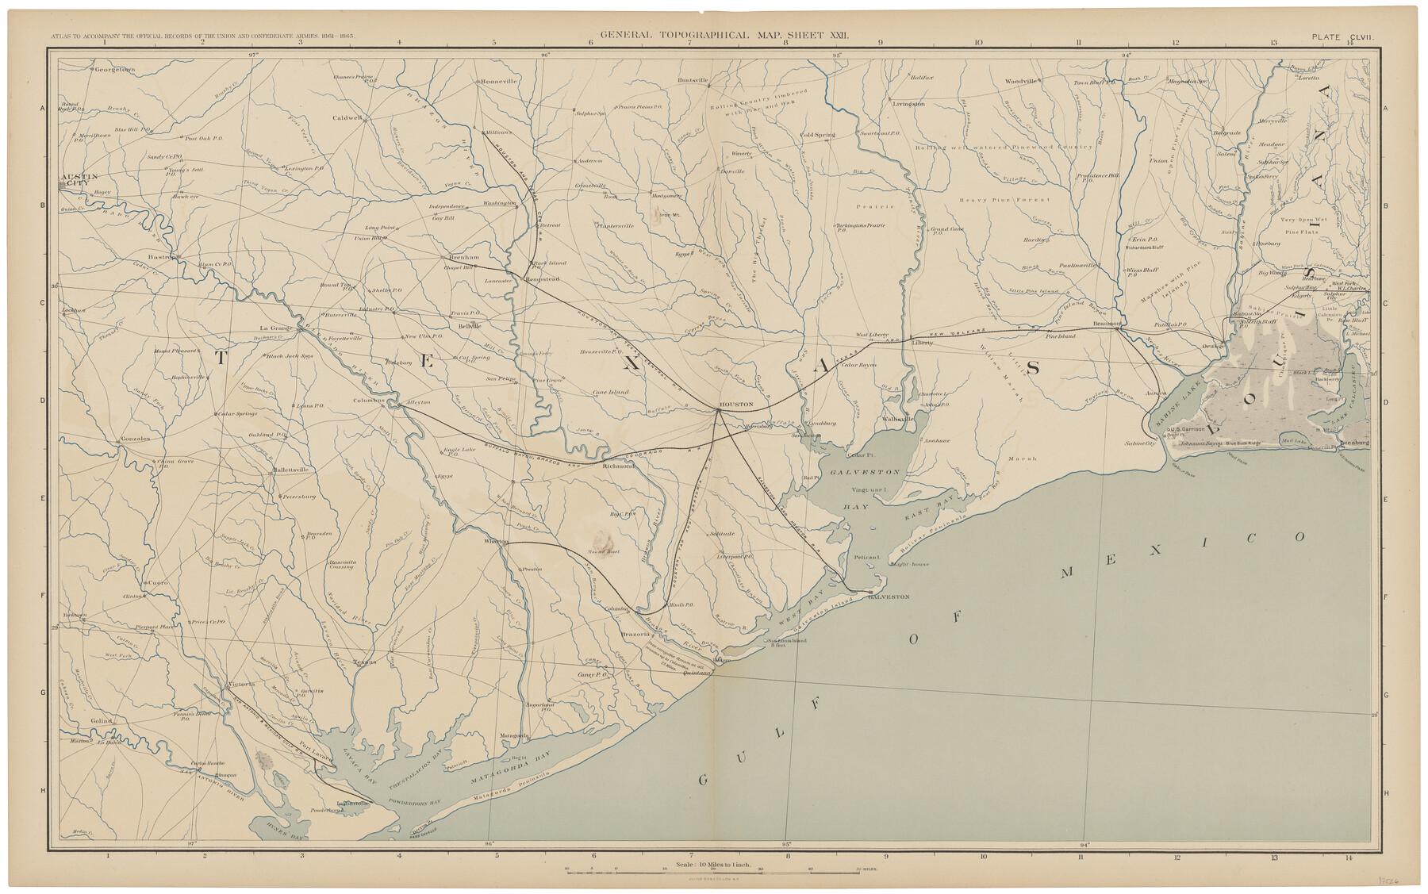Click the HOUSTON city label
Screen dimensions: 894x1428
click(735, 405)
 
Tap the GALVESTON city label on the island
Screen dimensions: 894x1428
click(889, 597)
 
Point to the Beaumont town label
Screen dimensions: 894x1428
click(1106, 324)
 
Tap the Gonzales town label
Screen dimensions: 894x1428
click(134, 439)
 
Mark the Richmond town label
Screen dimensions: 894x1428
click(619, 466)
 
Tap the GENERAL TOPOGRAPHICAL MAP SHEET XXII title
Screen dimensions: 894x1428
click(724, 36)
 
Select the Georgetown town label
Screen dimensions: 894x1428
click(115, 70)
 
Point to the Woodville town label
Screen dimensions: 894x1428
click(1020, 81)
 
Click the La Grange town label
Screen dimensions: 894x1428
click(276, 328)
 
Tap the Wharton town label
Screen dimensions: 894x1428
click(496, 541)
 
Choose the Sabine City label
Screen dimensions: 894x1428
click(1140, 444)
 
